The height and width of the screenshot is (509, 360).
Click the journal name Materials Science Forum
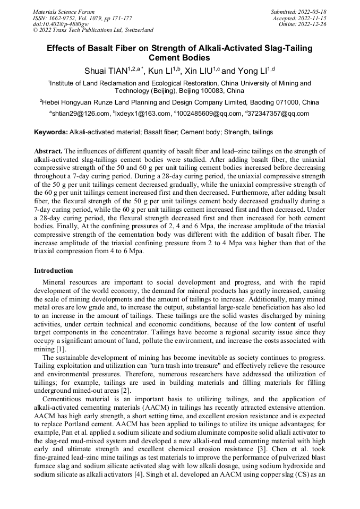(x=64, y=11)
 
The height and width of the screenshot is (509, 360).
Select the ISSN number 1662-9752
(x=67, y=18)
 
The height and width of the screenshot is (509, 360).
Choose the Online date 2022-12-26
(x=314, y=24)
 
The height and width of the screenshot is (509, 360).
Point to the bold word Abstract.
(x=48, y=151)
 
